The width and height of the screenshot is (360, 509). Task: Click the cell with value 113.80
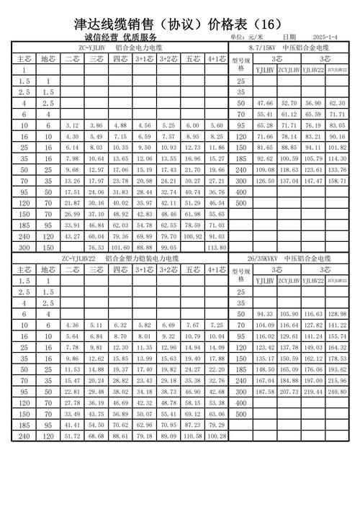pos(217,247)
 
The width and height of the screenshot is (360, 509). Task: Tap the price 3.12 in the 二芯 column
pos(72,125)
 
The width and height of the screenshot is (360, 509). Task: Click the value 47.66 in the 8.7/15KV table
pos(265,104)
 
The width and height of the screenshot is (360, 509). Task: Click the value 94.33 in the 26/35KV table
pos(265,314)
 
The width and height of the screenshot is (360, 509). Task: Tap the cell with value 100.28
pos(217,436)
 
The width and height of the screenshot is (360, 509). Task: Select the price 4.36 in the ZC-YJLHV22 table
pos(72,325)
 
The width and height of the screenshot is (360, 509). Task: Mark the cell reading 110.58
pos(192,436)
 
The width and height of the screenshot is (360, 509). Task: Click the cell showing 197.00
pos(313,379)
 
